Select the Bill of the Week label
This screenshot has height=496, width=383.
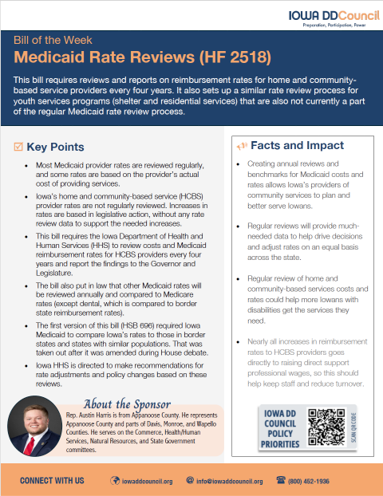coord(48,38)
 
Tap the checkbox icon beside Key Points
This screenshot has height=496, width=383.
coord(19,147)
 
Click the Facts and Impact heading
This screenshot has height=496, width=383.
coord(297,146)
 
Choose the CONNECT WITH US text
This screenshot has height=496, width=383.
coord(52,481)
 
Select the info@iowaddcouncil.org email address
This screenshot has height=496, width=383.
coord(229,481)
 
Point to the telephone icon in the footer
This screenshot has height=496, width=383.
coord(280,481)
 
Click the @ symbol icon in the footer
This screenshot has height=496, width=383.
coord(189,481)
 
